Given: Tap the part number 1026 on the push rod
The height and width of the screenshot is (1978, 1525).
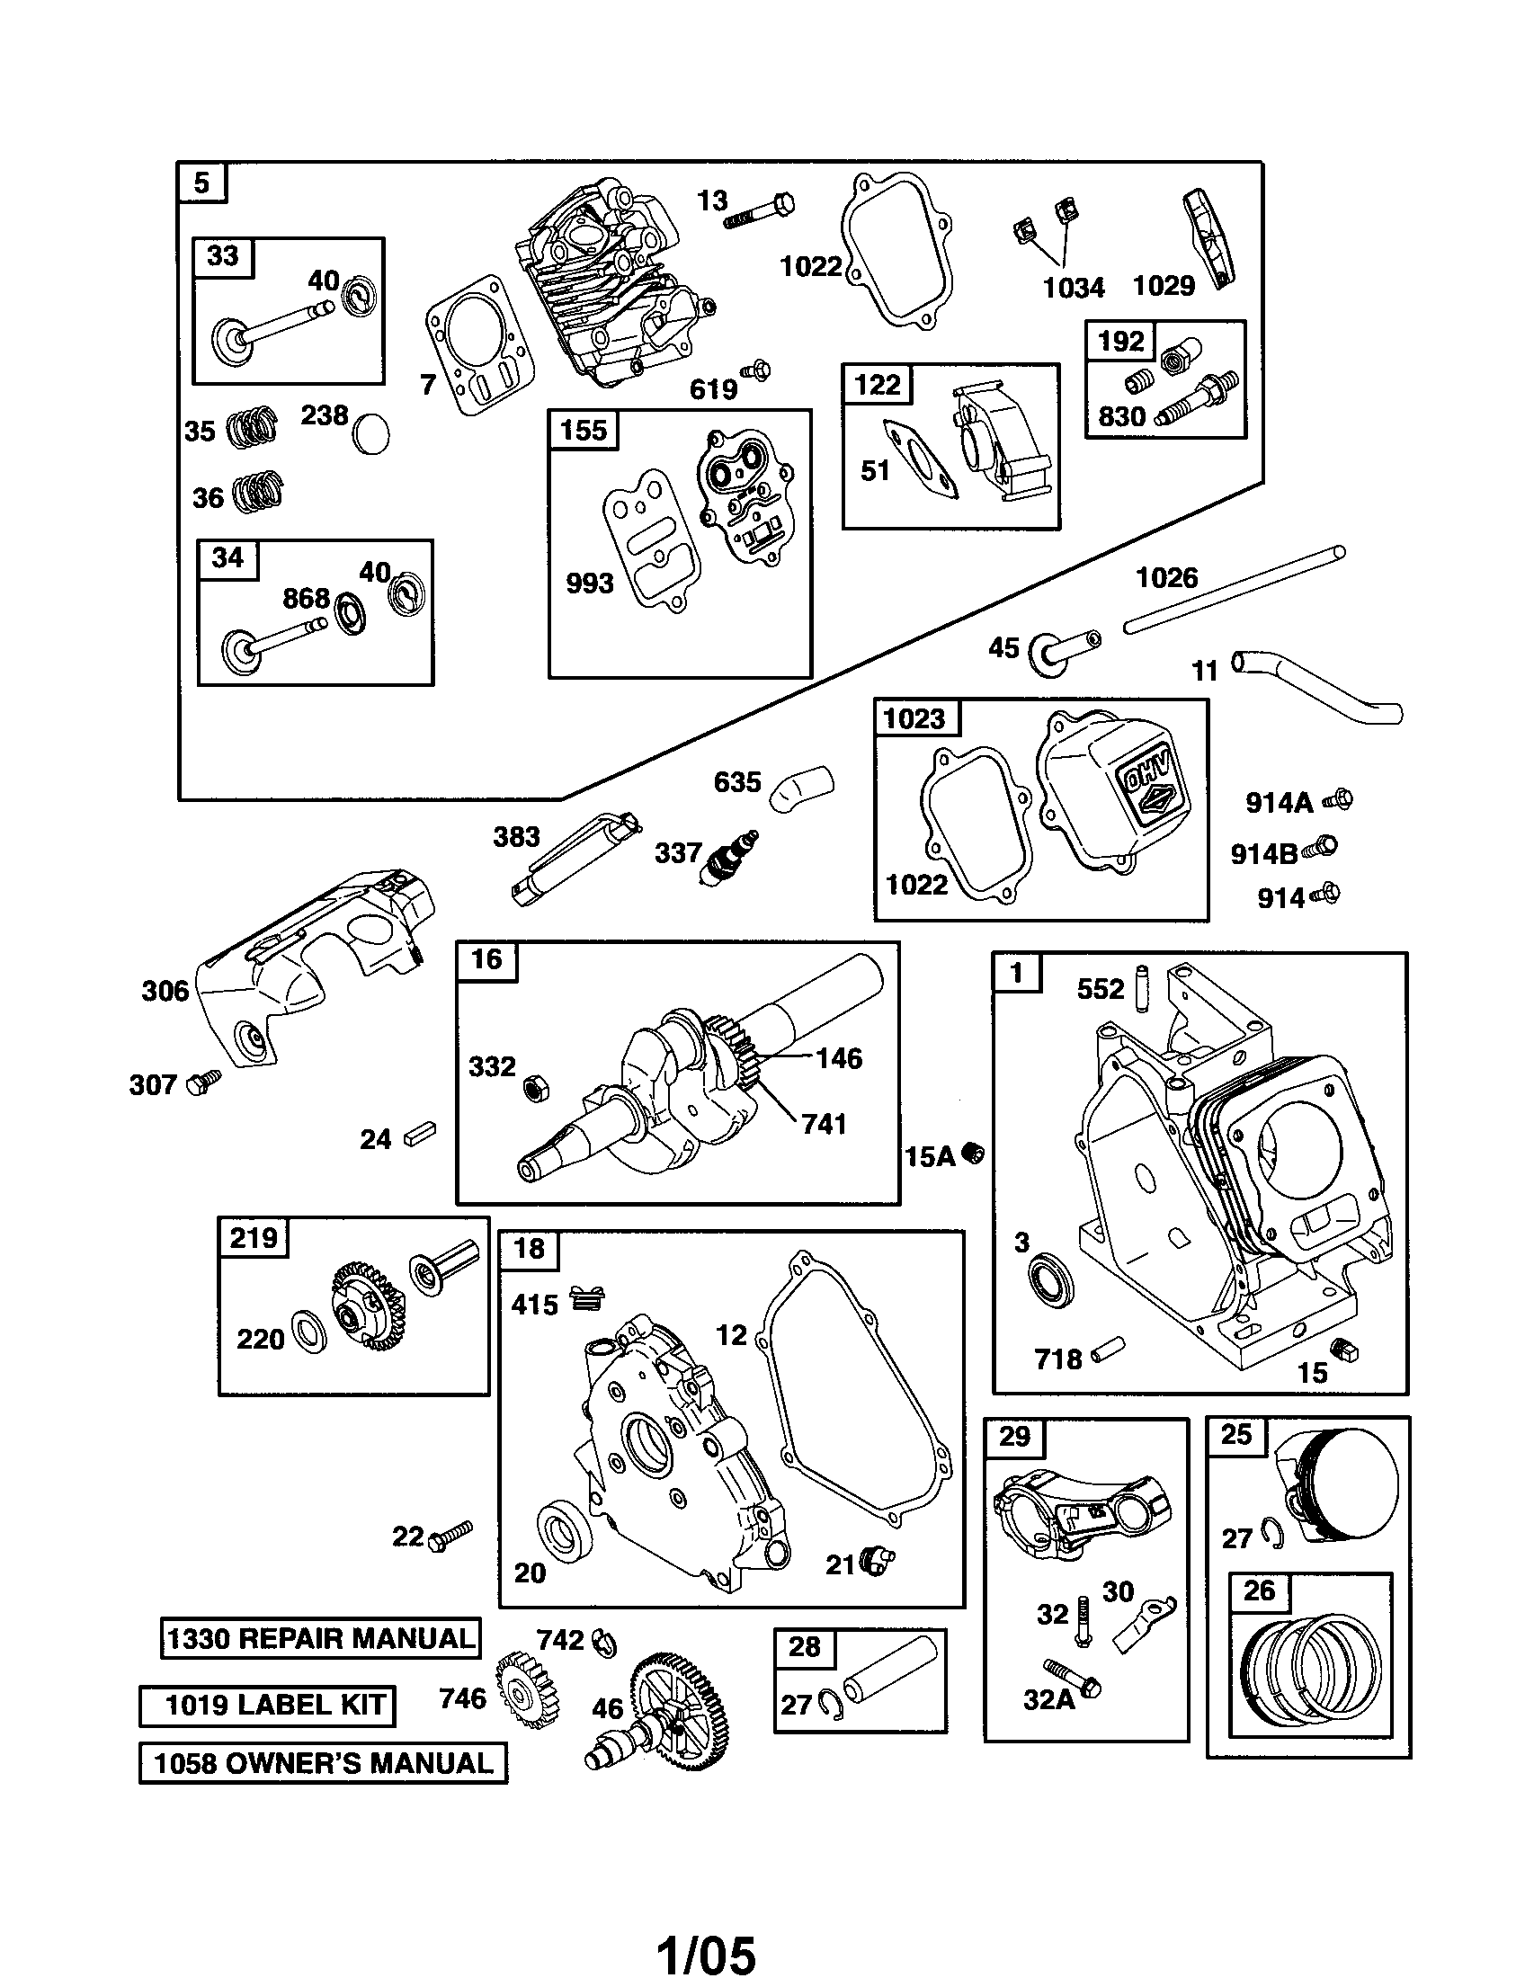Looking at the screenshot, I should point(1166,578).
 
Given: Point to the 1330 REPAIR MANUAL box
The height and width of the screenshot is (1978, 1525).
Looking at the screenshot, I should point(321,1638).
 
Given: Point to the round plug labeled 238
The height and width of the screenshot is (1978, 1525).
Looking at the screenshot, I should point(371,434).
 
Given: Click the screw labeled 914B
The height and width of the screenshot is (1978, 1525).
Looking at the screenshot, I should point(1321,849).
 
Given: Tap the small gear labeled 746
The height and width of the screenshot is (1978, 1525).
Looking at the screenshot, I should point(527,1690).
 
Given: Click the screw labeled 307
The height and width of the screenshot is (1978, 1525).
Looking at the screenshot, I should point(202,1082).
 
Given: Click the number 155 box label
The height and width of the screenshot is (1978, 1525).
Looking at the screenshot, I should point(584,429).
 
